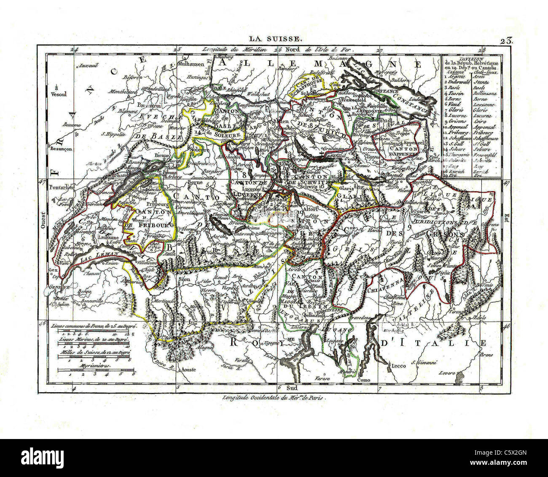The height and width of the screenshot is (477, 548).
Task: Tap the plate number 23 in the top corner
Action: [506, 41]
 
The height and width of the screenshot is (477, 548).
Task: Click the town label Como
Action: [363, 380]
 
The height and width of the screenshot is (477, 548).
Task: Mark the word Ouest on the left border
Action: [43, 220]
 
